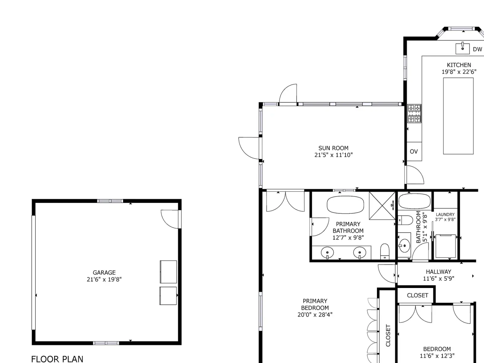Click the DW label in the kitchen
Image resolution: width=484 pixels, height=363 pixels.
coord(477,49)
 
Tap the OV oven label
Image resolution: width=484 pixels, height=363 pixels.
coord(414,152)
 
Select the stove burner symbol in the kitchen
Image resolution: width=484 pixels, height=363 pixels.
coord(414,113)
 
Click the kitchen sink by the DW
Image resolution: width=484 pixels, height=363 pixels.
coord(463,48)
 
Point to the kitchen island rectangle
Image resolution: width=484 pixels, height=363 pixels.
coord(458,116)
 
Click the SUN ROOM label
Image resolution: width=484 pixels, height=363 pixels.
coord(333,148)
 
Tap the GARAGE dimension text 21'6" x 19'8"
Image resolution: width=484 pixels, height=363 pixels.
coord(104,280)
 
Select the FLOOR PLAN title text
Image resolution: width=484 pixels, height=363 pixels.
coord(57,359)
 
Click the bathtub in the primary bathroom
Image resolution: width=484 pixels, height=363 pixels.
coord(345,205)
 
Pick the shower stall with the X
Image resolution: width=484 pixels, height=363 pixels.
coord(382,206)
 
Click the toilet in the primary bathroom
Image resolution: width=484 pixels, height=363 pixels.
coord(385,251)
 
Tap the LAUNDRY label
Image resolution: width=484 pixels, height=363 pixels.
coord(445,214)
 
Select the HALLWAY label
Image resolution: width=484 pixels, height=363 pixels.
coord(439,272)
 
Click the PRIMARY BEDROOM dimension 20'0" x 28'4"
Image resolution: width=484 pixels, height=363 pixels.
coord(315,315)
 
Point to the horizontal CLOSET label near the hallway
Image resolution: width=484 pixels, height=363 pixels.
coord(418,295)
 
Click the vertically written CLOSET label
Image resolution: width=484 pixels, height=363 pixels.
coord(388,335)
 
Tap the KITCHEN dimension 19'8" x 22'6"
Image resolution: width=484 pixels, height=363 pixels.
coord(459,72)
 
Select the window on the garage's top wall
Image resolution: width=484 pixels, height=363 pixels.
coord(110,201)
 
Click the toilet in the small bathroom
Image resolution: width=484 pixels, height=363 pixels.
coord(405,220)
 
